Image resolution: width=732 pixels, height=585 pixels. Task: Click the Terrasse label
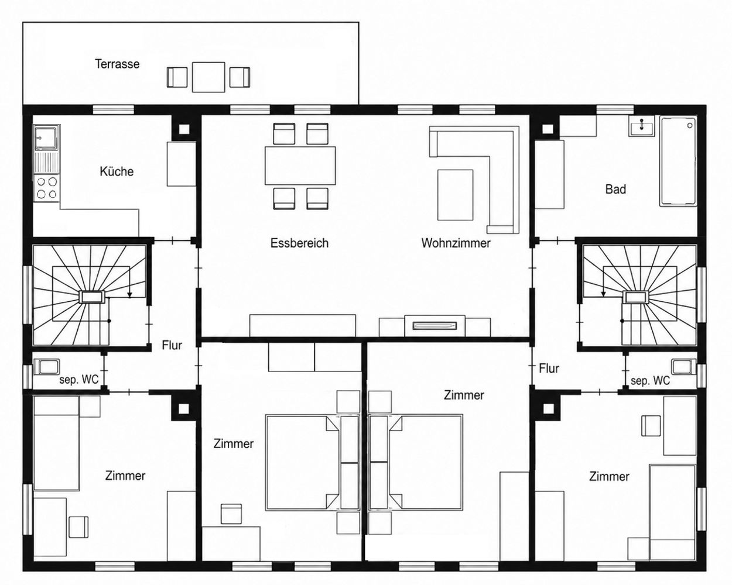117,64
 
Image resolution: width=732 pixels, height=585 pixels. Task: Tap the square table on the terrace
208,77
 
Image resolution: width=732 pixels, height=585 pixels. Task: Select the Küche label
117,171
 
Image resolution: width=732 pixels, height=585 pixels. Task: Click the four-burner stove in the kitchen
47,188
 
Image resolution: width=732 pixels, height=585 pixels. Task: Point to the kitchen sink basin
47,138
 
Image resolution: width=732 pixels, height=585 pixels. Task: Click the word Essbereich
299,243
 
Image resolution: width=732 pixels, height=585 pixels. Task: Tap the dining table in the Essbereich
300,166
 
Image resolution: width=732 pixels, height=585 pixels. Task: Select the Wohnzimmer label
456,243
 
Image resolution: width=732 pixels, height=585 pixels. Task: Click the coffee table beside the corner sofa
455,195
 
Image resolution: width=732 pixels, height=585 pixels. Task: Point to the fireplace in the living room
435,326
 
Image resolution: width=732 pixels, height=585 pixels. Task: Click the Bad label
615,190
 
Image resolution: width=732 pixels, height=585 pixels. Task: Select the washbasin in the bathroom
641,126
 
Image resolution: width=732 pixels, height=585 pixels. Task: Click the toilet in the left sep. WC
48,367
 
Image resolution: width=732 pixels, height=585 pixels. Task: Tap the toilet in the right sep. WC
682,367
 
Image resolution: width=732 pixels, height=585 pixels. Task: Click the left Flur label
172,345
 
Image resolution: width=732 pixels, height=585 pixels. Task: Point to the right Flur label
549,368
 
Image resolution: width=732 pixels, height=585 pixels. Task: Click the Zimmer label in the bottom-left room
125,476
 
